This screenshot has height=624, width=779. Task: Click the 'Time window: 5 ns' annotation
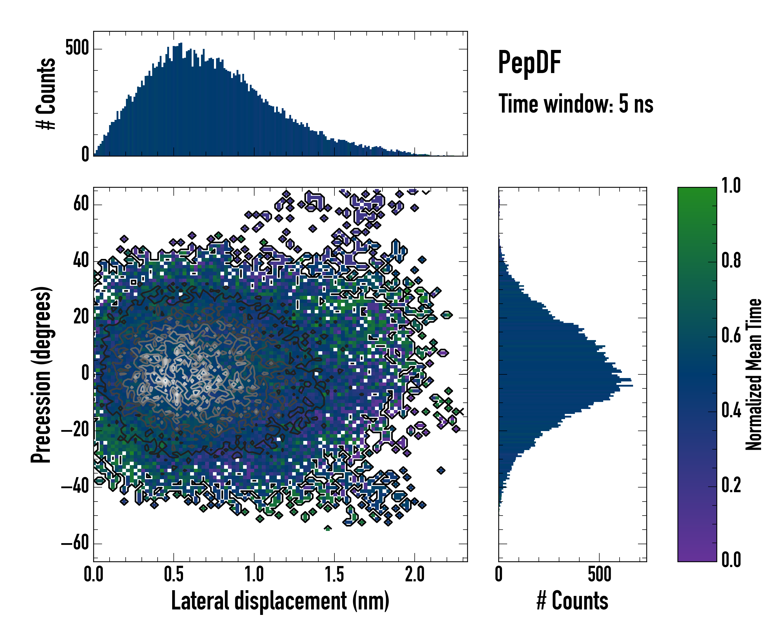coord(576,104)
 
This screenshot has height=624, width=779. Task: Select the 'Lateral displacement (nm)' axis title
coord(280,601)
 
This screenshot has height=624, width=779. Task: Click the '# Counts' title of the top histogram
coord(46,94)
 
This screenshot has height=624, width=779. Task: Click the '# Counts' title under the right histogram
coord(572,601)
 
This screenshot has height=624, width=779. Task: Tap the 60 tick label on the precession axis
coord(81,204)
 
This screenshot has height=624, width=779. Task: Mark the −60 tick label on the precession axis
coord(75,543)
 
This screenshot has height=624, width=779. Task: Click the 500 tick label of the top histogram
coord(77,48)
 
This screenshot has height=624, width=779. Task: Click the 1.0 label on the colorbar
coord(731,186)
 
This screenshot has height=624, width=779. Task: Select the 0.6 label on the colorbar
coord(731,336)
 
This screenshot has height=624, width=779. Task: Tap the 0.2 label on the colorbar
coord(731,485)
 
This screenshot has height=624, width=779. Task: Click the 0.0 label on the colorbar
coord(731,560)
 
